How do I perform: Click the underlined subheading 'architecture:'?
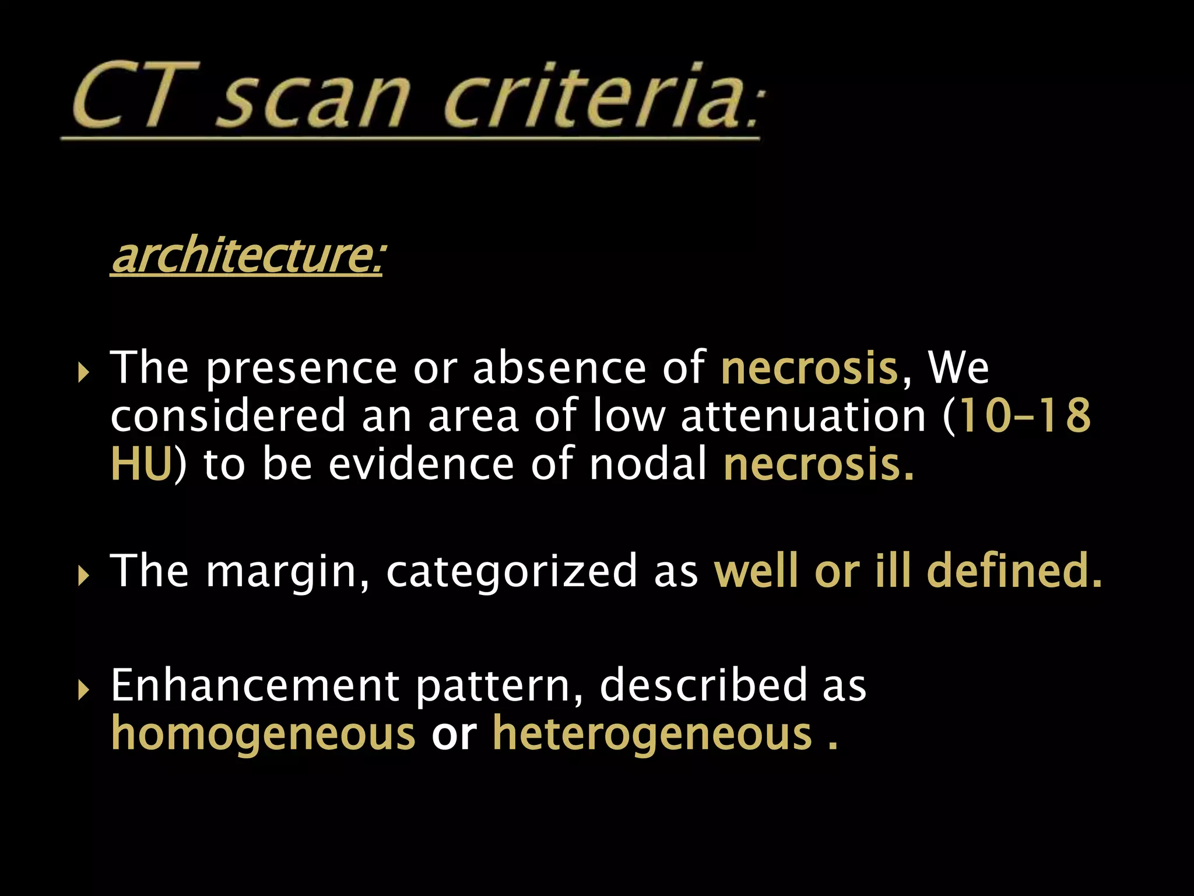(x=247, y=256)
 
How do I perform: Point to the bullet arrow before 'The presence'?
(x=84, y=371)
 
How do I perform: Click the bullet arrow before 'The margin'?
(x=84, y=575)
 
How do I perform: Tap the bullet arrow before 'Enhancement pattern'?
(x=84, y=690)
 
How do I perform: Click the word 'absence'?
(x=559, y=369)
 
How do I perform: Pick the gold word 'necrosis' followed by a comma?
(x=809, y=369)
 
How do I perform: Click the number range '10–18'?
(x=1024, y=416)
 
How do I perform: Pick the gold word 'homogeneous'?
(x=263, y=734)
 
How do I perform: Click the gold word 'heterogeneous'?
(x=652, y=734)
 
